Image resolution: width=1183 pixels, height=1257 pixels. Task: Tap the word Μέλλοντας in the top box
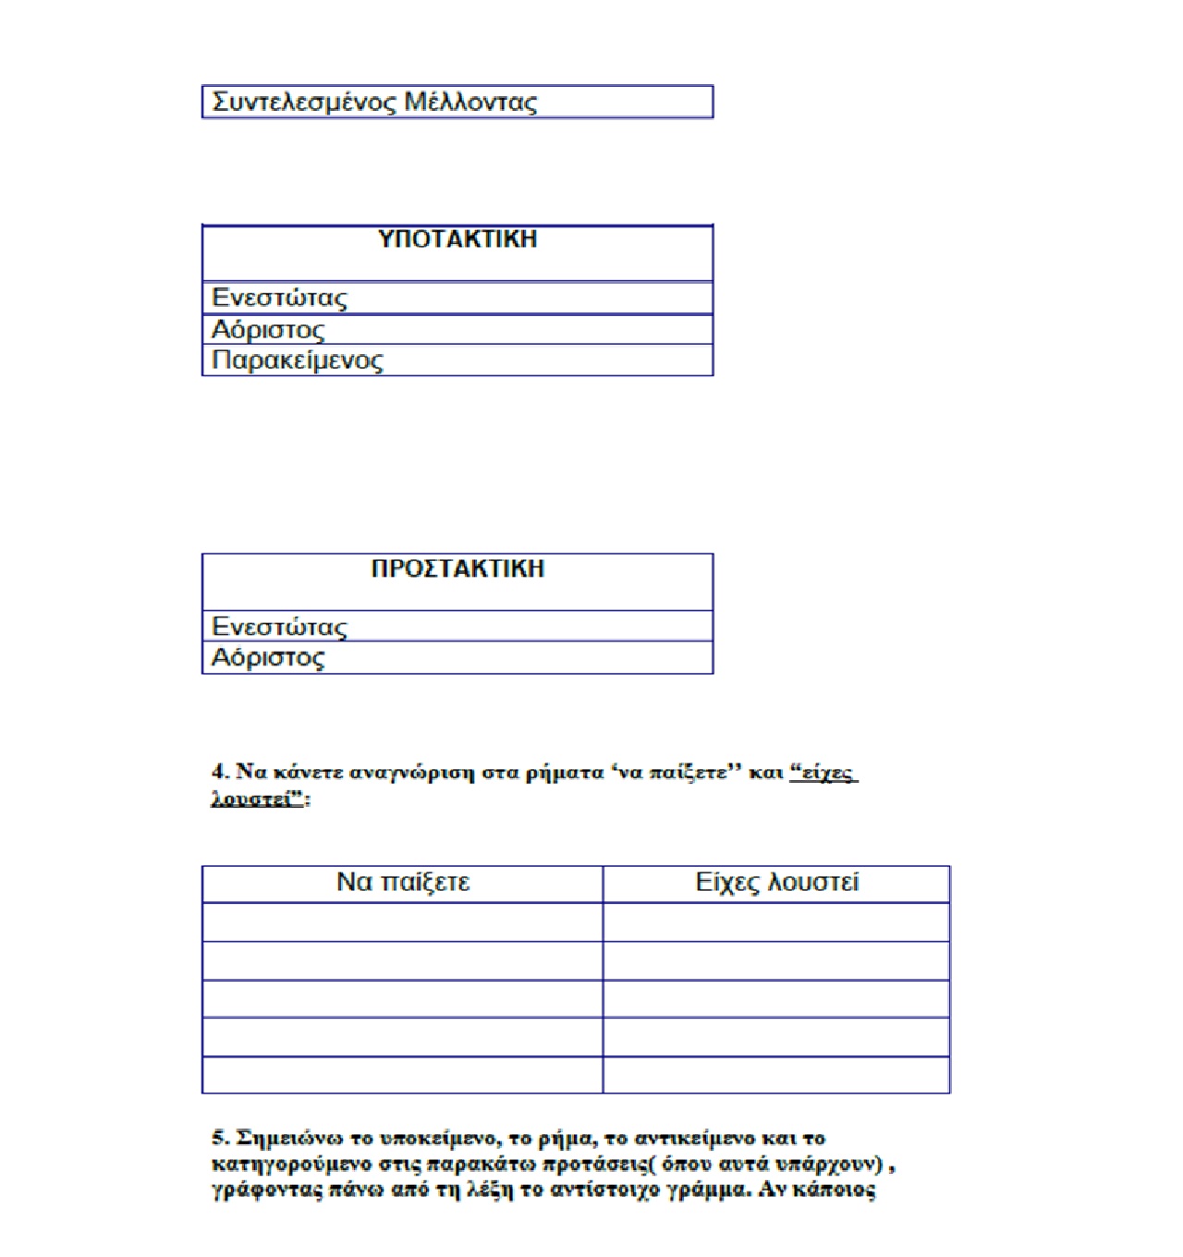click(470, 102)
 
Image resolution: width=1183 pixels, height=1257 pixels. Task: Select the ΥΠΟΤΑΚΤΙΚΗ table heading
click(457, 239)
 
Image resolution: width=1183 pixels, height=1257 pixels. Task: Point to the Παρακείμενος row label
click(297, 360)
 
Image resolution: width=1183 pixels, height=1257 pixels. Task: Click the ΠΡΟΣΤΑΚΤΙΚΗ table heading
click(457, 568)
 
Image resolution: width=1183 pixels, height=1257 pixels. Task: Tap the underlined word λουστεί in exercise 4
click(251, 799)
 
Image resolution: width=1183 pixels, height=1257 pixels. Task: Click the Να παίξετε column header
click(403, 883)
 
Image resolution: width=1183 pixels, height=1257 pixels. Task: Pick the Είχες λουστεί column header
click(776, 883)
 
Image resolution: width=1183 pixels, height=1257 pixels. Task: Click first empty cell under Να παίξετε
click(403, 922)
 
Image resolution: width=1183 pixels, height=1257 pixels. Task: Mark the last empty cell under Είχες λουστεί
click(776, 1075)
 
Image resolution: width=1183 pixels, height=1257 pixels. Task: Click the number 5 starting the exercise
click(219, 1138)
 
